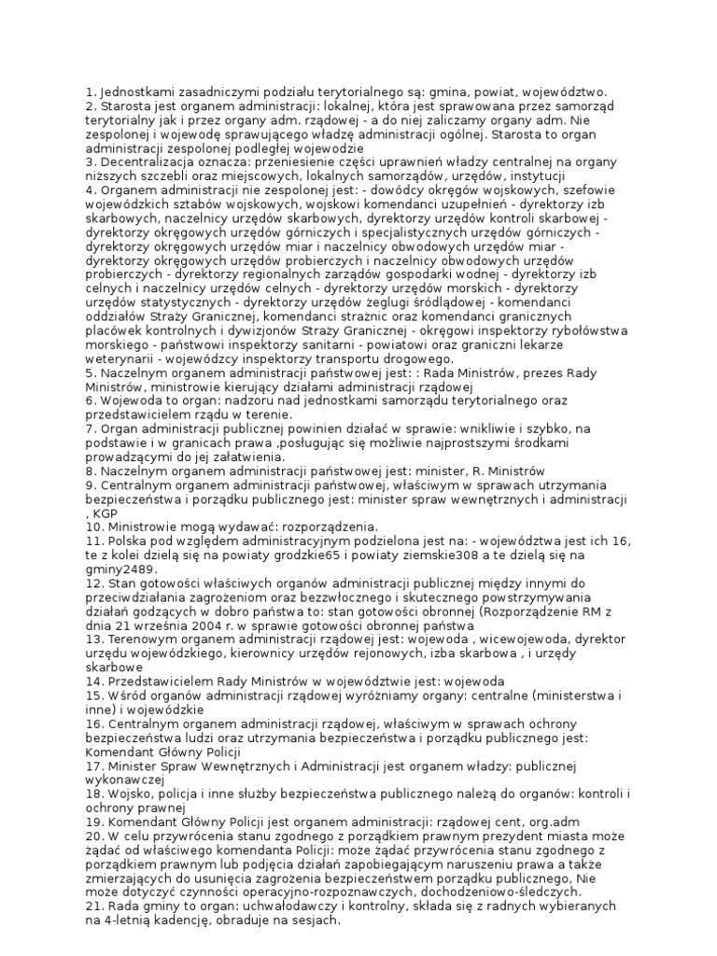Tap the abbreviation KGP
point(105,513)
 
